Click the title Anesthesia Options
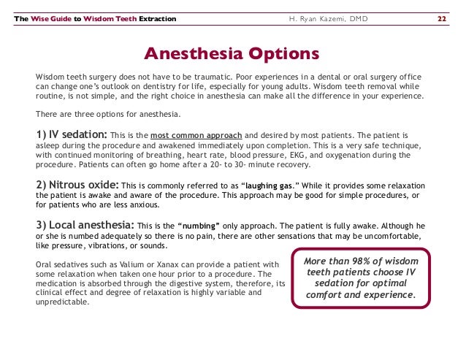coord(232,55)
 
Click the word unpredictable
coord(63,302)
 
